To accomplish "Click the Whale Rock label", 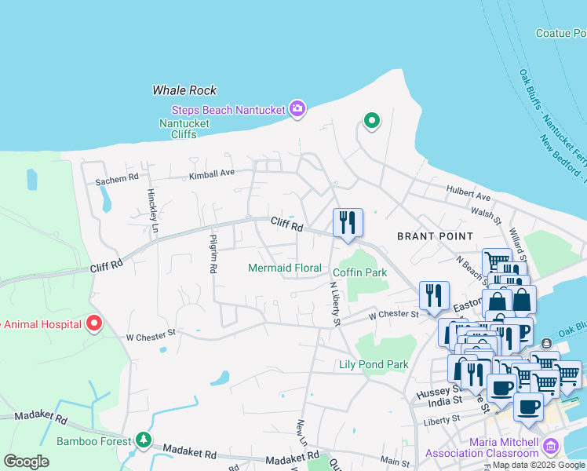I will [x=184, y=90].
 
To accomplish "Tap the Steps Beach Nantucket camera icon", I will [x=297, y=109].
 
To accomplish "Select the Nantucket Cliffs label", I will [x=184, y=129].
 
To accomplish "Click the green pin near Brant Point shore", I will [x=371, y=120].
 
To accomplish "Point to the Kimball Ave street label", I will [x=212, y=174].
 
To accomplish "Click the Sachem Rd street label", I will [x=117, y=180].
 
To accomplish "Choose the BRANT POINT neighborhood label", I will [x=435, y=235].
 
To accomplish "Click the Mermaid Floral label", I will [x=284, y=268].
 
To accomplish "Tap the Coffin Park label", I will [x=360, y=272].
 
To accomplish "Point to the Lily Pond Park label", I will [x=374, y=364].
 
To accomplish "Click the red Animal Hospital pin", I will [x=94, y=323].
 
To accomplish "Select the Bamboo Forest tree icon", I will [x=142, y=440].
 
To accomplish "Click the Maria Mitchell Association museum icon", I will [x=550, y=447].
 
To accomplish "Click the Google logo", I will [x=26, y=462].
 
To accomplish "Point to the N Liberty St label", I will [x=333, y=305].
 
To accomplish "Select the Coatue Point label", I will [x=560, y=33].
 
